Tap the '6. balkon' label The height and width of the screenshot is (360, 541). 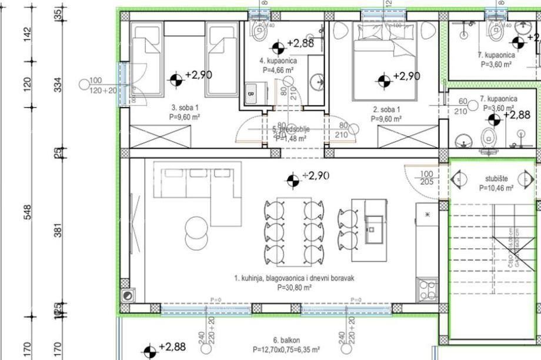click(286, 340)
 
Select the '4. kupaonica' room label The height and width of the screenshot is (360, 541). click(278, 61)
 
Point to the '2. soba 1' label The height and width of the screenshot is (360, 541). click(386, 109)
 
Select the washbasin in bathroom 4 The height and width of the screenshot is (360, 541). click(317, 80)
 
